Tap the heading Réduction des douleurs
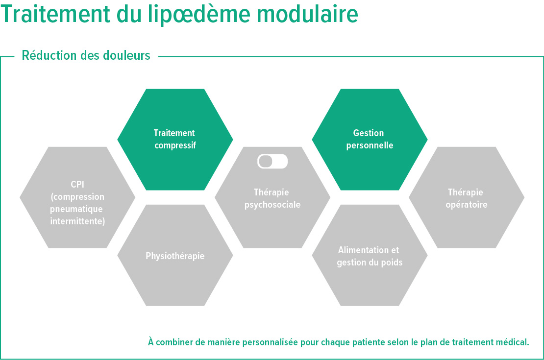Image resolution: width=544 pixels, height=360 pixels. [x=86, y=56]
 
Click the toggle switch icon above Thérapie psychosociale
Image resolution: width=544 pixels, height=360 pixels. [x=272, y=162]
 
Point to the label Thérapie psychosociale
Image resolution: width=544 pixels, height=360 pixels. [x=272, y=198]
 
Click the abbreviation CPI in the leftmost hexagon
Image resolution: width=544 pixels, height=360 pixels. [x=77, y=185]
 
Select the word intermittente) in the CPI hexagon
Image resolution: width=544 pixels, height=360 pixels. [x=77, y=221]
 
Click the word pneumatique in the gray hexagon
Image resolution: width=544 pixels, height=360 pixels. [x=77, y=209]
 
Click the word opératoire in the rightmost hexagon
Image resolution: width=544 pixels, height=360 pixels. [x=466, y=205]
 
